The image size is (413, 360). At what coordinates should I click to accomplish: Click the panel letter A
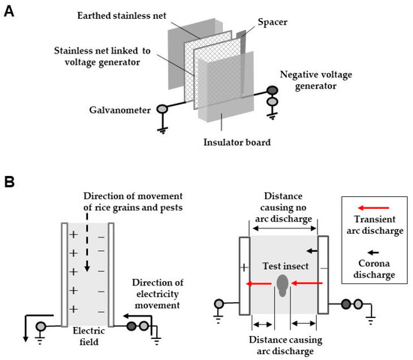pyautogui.click(x=9, y=11)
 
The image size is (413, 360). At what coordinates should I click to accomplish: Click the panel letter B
pyautogui.click(x=9, y=182)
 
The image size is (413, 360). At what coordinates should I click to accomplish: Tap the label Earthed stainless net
pyautogui.click(x=122, y=16)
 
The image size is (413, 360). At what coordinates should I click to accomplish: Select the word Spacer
pyautogui.click(x=273, y=22)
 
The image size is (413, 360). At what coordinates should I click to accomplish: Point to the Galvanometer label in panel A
pyautogui.click(x=120, y=110)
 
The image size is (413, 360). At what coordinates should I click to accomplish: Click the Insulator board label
pyautogui.click(x=237, y=142)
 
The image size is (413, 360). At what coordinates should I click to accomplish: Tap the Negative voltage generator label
pyautogui.click(x=316, y=80)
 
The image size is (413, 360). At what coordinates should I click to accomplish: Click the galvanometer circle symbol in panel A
pyautogui.click(x=162, y=108)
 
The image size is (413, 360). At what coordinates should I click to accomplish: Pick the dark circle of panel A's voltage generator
pyautogui.click(x=273, y=91)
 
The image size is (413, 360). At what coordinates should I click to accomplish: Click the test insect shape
pyautogui.click(x=282, y=286)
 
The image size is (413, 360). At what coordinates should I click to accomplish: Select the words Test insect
pyautogui.click(x=285, y=266)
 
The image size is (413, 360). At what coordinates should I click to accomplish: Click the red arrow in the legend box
pyautogui.click(x=373, y=208)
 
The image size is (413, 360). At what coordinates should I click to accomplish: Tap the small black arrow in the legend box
pyautogui.click(x=373, y=253)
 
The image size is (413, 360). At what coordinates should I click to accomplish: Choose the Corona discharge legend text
pyautogui.click(x=374, y=269)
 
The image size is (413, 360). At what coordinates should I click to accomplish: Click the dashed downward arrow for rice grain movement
pyautogui.click(x=87, y=243)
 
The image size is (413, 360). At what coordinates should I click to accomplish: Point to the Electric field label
pyautogui.click(x=89, y=336)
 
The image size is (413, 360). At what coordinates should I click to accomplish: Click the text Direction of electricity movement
pyautogui.click(x=158, y=294)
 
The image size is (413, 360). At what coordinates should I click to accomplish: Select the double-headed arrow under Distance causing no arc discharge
pyautogui.click(x=284, y=228)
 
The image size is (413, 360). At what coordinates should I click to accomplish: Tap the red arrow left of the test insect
pyautogui.click(x=258, y=284)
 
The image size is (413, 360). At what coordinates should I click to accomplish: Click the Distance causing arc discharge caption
pyautogui.click(x=285, y=346)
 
